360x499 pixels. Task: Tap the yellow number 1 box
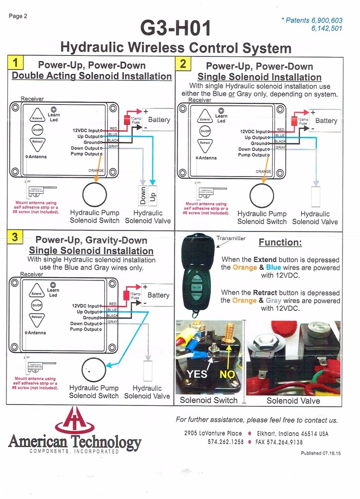(x=16, y=63)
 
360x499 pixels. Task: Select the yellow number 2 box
(x=183, y=63)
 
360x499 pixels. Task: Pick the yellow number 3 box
(x=16, y=238)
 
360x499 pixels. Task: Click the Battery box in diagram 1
(x=158, y=120)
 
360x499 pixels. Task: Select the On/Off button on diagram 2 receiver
(x=205, y=131)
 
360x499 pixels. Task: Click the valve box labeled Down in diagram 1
(x=143, y=195)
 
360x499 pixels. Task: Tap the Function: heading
(x=280, y=243)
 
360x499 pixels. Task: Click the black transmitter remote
(x=197, y=274)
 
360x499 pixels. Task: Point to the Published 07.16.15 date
(x=322, y=453)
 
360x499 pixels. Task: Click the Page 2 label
(x=18, y=16)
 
